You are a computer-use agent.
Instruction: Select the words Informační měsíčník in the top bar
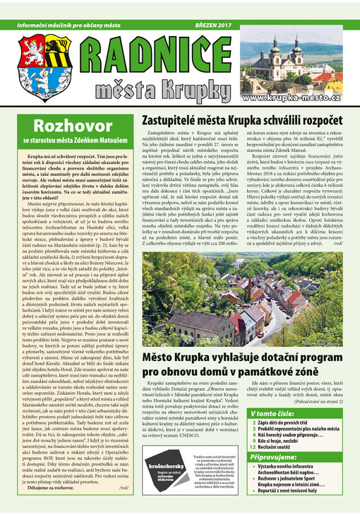(x=42, y=23)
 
